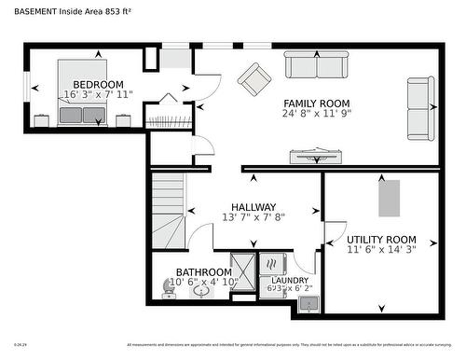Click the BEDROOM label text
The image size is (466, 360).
(x=99, y=85)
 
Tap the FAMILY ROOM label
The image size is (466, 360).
(x=317, y=103)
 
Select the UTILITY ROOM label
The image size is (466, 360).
(x=381, y=240)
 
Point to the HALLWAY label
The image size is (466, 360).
(x=253, y=207)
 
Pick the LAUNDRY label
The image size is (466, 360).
(x=289, y=280)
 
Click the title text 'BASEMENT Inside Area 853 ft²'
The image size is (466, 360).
(x=73, y=11)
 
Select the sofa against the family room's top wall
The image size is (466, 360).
(x=316, y=65)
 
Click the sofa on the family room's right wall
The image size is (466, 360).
(x=420, y=108)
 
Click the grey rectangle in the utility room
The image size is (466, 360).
(x=388, y=198)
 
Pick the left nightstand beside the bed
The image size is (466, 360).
(x=41, y=119)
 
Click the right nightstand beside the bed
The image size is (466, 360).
(x=123, y=119)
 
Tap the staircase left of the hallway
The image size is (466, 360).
(x=169, y=210)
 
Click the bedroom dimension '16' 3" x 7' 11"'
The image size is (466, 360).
(x=99, y=95)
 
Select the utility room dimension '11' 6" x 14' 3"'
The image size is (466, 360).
(x=381, y=251)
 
